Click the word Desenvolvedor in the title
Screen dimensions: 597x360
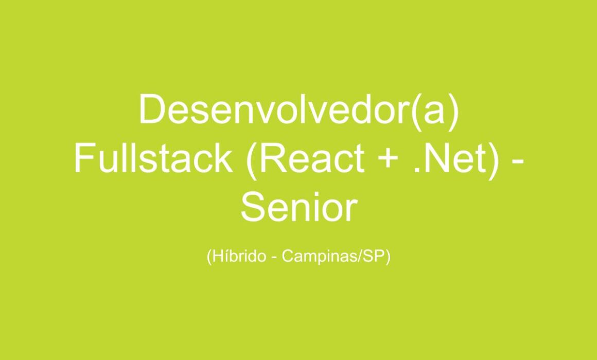click(x=273, y=109)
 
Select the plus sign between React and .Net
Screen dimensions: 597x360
click(x=388, y=159)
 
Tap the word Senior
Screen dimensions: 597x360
click(x=299, y=207)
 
